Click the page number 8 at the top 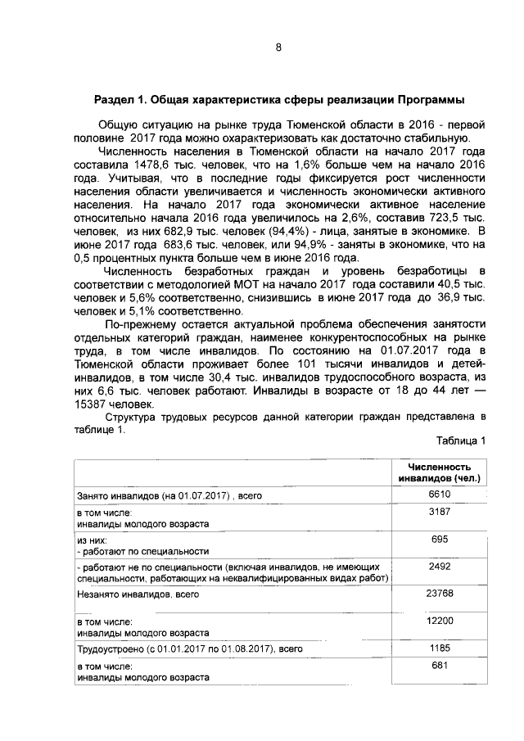pos(278,47)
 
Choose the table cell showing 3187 pos(440,511)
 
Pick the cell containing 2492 pos(440,565)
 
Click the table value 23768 pos(440,593)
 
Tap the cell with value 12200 pos(440,624)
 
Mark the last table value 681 pos(440,665)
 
